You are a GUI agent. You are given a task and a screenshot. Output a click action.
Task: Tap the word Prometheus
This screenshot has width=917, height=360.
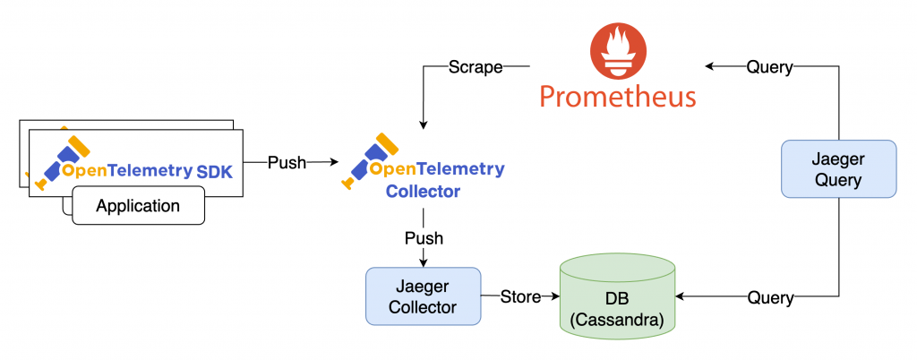click(618, 95)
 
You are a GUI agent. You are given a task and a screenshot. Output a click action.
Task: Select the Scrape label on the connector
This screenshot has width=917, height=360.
click(475, 68)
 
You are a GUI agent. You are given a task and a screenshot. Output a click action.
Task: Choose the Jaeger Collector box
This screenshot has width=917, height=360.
click(424, 296)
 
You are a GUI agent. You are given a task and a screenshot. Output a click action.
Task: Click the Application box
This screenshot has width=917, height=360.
click(138, 206)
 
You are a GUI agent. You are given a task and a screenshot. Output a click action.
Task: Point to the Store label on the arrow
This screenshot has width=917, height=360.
click(520, 296)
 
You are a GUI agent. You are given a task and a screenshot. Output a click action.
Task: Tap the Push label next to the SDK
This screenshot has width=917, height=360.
click(287, 163)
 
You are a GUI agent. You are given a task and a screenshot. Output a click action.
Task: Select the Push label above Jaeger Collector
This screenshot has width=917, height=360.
click(424, 238)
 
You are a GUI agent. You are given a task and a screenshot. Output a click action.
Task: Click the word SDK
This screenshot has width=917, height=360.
click(215, 170)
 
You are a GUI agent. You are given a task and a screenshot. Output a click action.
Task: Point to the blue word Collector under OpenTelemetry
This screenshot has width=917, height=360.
click(423, 191)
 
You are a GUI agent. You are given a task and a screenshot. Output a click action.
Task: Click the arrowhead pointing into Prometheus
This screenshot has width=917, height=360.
click(708, 67)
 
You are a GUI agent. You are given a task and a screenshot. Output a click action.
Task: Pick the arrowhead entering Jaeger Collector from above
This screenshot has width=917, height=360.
click(424, 262)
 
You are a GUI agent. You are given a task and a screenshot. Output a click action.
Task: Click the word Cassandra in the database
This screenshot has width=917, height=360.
click(618, 321)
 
